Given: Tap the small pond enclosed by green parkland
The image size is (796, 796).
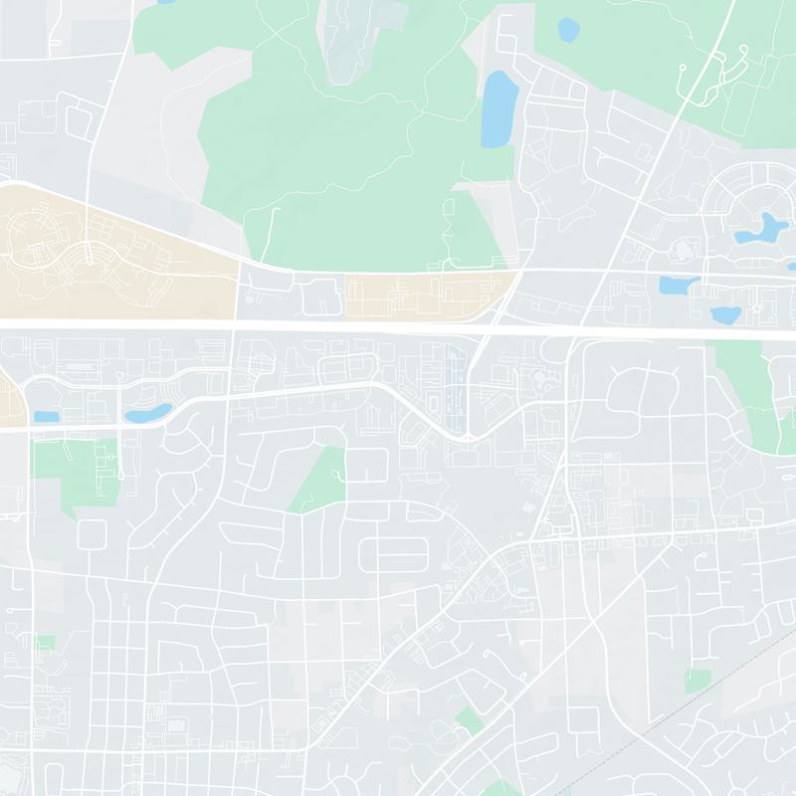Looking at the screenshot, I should (x=568, y=29).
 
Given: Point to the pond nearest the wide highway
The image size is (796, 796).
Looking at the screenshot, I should (x=725, y=315).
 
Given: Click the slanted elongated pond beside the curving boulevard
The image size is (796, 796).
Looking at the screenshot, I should (x=147, y=412).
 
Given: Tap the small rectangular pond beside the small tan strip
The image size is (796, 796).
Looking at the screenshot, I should (x=45, y=417).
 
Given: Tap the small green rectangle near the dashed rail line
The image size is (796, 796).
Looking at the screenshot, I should (x=698, y=681).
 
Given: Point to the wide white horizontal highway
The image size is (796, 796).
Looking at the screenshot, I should (x=398, y=325).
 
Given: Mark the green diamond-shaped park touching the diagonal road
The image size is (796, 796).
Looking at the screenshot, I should (x=470, y=721).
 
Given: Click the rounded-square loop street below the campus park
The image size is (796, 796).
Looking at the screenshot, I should (x=92, y=534).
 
